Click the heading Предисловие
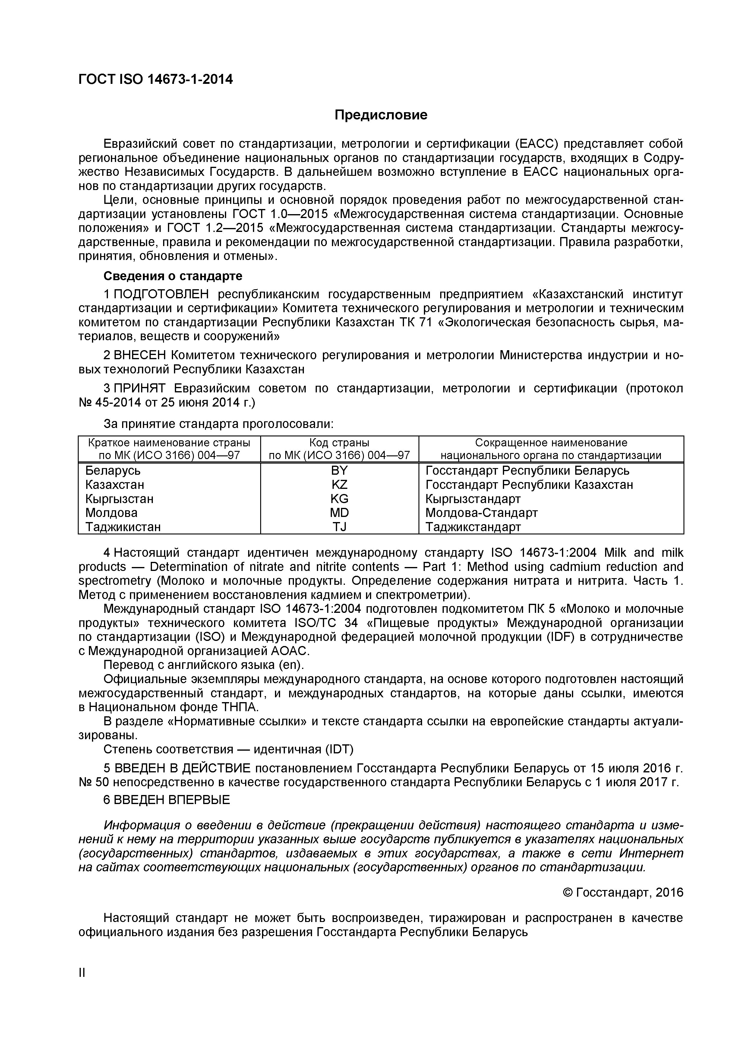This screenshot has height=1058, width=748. (380, 115)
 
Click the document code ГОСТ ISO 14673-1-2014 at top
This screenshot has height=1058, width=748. (155, 80)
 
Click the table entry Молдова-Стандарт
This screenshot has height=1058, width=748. (481, 513)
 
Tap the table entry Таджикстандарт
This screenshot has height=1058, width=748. (473, 527)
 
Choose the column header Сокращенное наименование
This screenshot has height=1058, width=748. (551, 443)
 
